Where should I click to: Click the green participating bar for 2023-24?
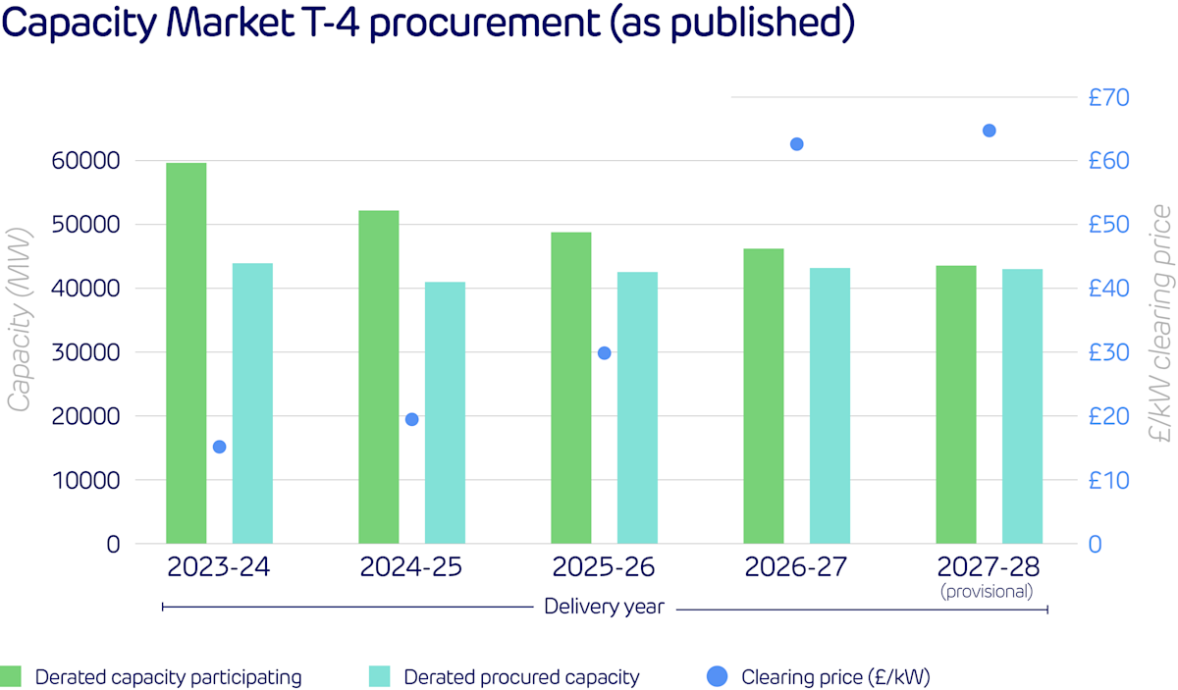click(186, 353)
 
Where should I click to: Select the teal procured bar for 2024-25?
click(445, 412)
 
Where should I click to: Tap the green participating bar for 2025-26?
click(570, 388)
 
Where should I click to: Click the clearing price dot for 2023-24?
click(219, 447)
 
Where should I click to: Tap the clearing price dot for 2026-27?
click(796, 144)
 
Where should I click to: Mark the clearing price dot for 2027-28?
click(989, 131)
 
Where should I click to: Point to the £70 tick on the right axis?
click(1109, 97)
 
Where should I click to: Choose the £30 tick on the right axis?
click(1109, 352)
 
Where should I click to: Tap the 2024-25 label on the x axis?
click(410, 567)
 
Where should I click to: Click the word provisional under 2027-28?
click(988, 591)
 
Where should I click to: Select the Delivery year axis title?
click(604, 608)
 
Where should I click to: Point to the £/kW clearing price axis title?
click(1161, 314)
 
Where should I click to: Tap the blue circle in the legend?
click(718, 676)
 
